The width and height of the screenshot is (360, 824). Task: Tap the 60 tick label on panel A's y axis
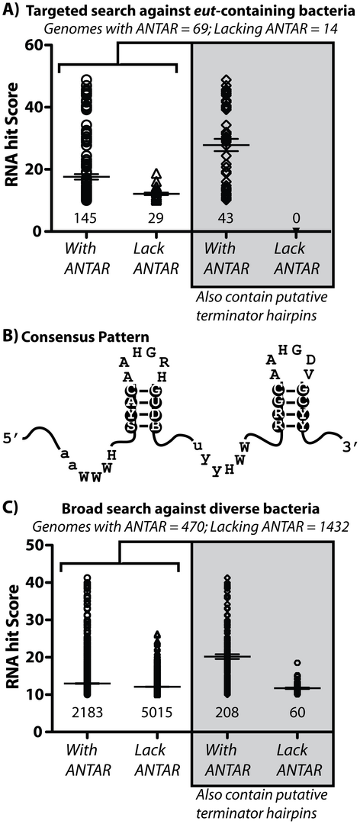(x=33, y=46)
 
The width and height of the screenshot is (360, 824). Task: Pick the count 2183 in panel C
(x=87, y=712)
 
